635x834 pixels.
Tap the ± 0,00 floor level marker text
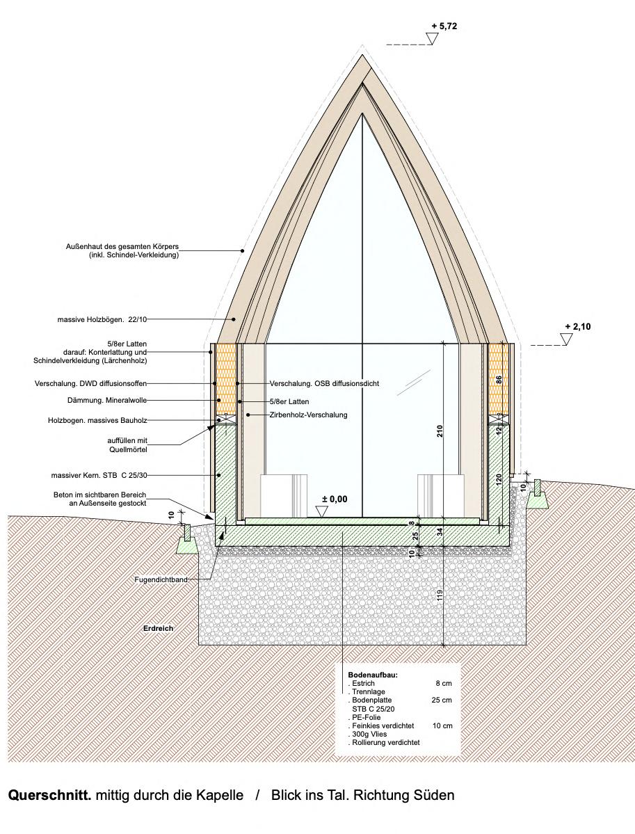(334, 499)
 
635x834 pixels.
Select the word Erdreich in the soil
(158, 628)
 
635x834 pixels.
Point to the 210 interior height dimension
(440, 431)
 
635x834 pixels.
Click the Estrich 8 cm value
(442, 684)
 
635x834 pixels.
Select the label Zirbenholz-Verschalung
(308, 415)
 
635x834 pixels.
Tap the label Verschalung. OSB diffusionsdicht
(324, 383)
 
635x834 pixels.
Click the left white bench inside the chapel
(283, 495)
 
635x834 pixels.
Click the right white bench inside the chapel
(440, 495)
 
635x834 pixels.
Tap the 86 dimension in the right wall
(497, 380)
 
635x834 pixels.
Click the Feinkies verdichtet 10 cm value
(442, 725)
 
